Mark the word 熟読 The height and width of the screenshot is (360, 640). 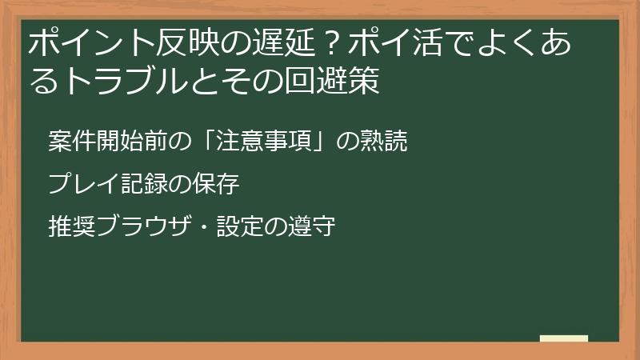tap(386, 142)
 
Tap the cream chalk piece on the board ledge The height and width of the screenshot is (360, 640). tap(564, 338)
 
